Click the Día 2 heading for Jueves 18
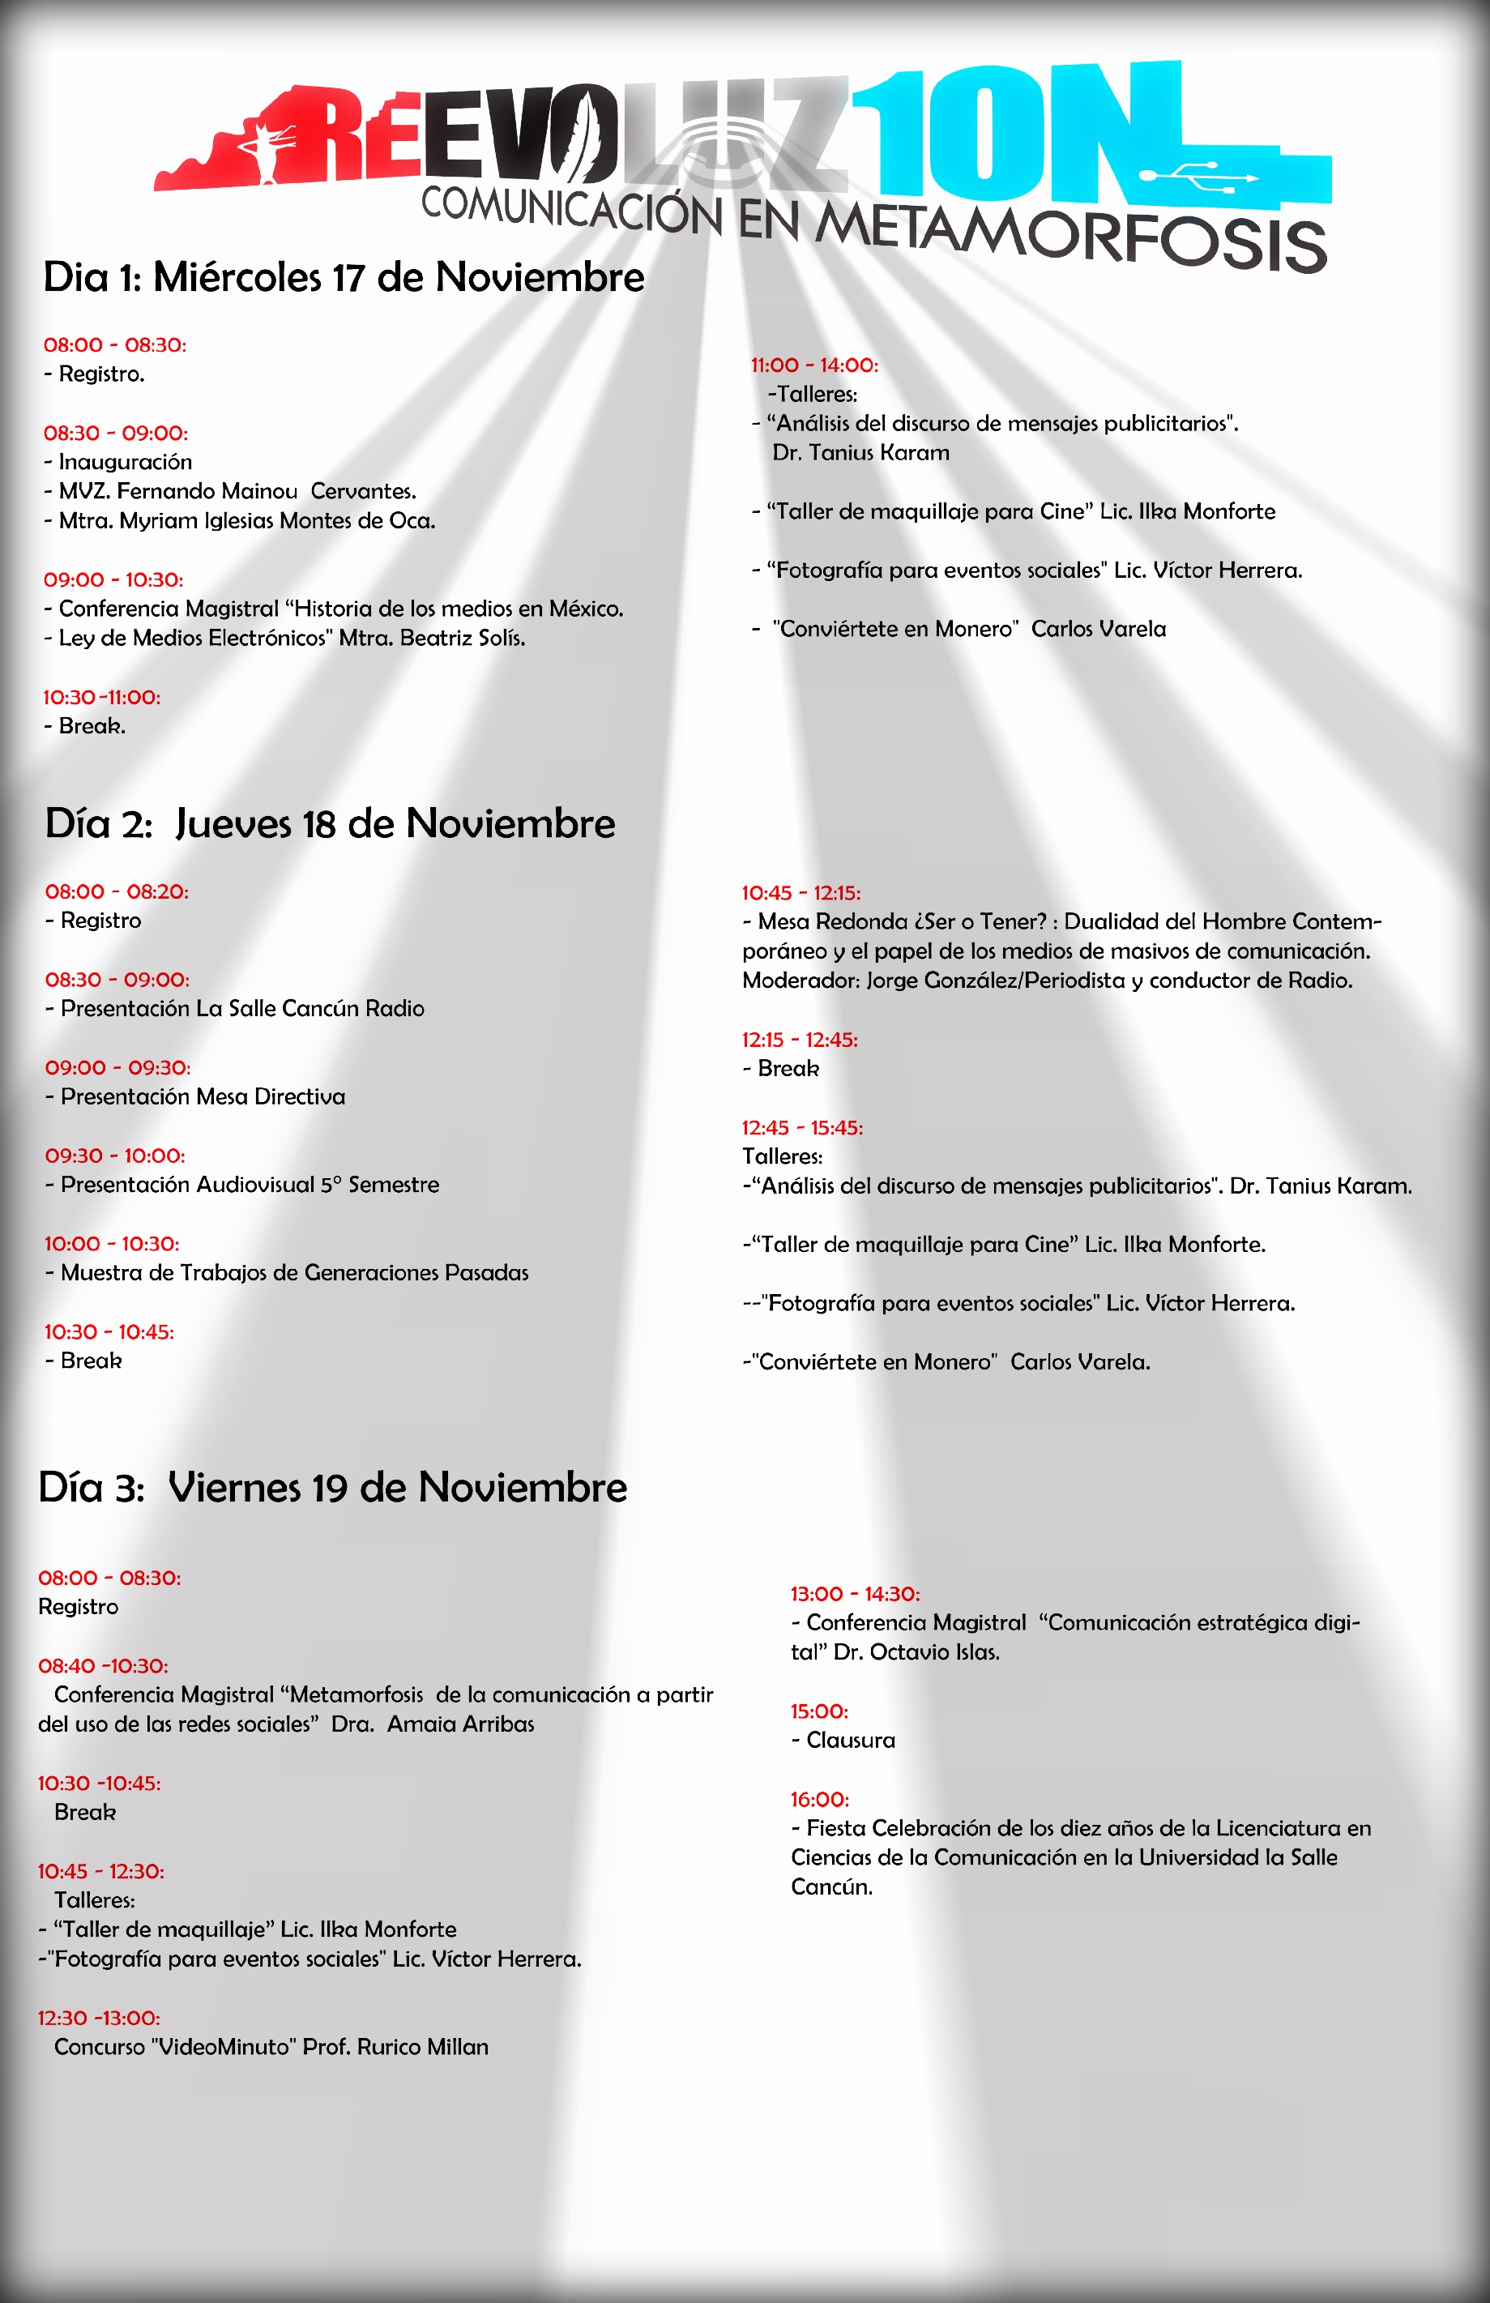pyautogui.click(x=329, y=823)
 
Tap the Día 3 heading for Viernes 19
pyautogui.click(x=332, y=1487)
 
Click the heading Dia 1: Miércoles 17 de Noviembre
pyautogui.click(x=344, y=278)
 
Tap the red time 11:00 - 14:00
pyautogui.click(x=814, y=365)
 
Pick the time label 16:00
pyautogui.click(x=819, y=1800)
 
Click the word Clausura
pyautogui.click(x=851, y=1741)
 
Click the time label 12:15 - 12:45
pyautogui.click(x=799, y=1040)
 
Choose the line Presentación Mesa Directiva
pyautogui.click(x=203, y=1097)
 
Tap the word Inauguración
pyautogui.click(x=125, y=463)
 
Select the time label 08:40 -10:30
pyautogui.click(x=103, y=1666)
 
